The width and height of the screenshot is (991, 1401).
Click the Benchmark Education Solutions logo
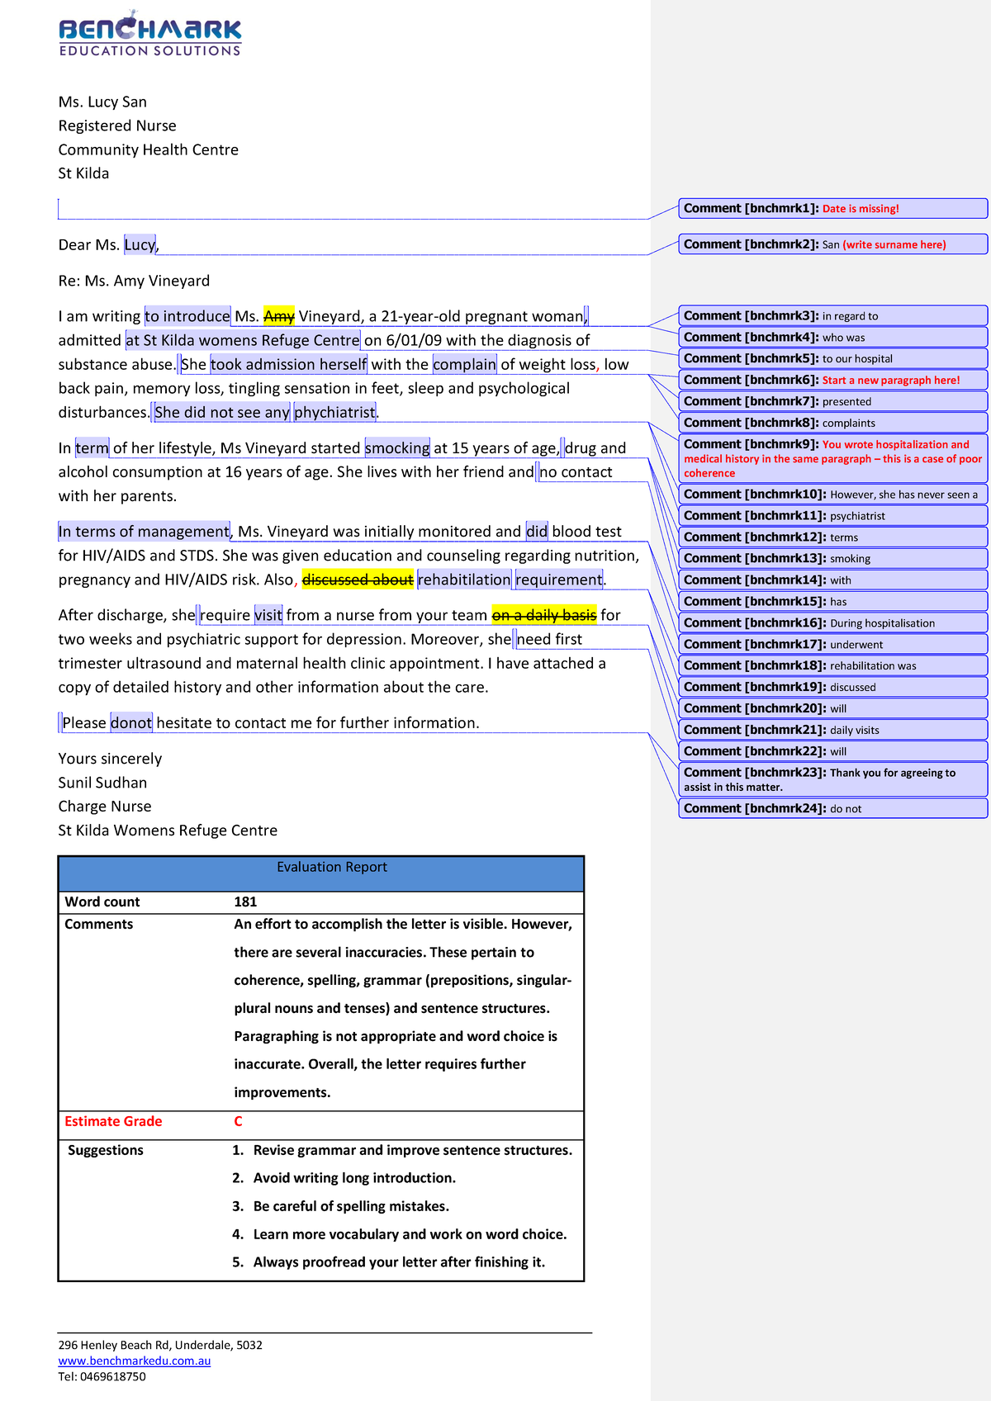click(149, 34)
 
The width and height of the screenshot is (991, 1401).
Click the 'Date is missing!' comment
click(832, 209)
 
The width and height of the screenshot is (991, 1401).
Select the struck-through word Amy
click(278, 316)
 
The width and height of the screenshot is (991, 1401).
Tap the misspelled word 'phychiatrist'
click(334, 412)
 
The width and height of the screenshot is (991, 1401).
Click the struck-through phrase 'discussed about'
click(358, 580)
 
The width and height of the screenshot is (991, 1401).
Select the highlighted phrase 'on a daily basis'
click(543, 615)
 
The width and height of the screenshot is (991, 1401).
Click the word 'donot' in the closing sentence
click(131, 723)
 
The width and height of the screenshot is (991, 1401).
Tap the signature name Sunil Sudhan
click(102, 783)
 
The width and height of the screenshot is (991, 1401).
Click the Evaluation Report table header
click(331, 868)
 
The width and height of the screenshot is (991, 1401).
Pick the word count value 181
click(245, 902)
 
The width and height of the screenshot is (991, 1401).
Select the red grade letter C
click(238, 1121)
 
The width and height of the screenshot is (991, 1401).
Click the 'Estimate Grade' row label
click(113, 1121)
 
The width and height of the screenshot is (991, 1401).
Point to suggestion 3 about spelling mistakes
click(350, 1206)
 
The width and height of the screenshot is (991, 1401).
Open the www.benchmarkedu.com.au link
click(134, 1361)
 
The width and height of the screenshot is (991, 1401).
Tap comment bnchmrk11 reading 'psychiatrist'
click(832, 516)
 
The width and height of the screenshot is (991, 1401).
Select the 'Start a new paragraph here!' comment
click(832, 381)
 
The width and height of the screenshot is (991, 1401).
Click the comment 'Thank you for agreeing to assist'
click(832, 779)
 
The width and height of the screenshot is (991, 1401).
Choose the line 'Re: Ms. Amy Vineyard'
click(134, 281)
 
